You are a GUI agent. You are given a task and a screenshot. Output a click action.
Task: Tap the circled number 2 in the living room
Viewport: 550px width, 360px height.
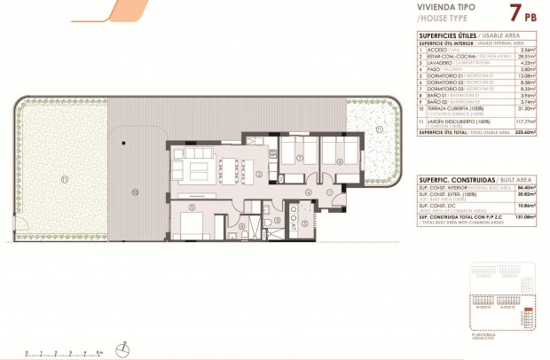(258, 176)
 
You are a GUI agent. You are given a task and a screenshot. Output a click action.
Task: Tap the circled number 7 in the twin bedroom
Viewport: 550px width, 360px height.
(301, 159)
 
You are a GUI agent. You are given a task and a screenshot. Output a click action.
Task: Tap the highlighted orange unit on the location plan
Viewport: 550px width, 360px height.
(529, 315)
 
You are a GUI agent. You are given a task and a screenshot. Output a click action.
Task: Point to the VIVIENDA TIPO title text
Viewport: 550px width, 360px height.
(445, 6)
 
